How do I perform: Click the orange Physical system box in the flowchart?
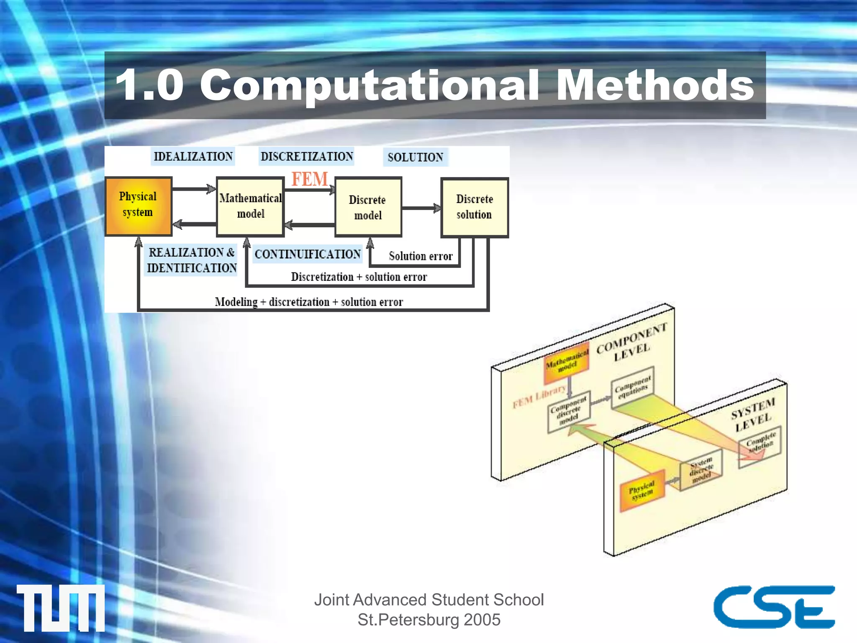(x=138, y=206)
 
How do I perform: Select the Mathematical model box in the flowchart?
(x=250, y=206)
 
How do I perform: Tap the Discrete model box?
(x=368, y=207)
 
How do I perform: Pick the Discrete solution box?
(x=475, y=207)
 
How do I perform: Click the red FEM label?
(x=310, y=179)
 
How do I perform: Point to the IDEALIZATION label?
(x=193, y=157)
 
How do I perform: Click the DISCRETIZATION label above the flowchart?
(x=307, y=157)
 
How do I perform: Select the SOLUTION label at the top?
(x=415, y=157)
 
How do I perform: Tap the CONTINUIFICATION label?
(x=308, y=254)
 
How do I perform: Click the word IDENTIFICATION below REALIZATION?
(x=192, y=268)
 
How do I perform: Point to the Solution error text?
(x=421, y=256)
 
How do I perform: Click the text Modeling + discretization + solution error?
(x=309, y=302)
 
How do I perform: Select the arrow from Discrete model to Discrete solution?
(x=421, y=208)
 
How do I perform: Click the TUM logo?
(x=61, y=607)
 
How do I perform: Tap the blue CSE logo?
(x=774, y=607)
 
